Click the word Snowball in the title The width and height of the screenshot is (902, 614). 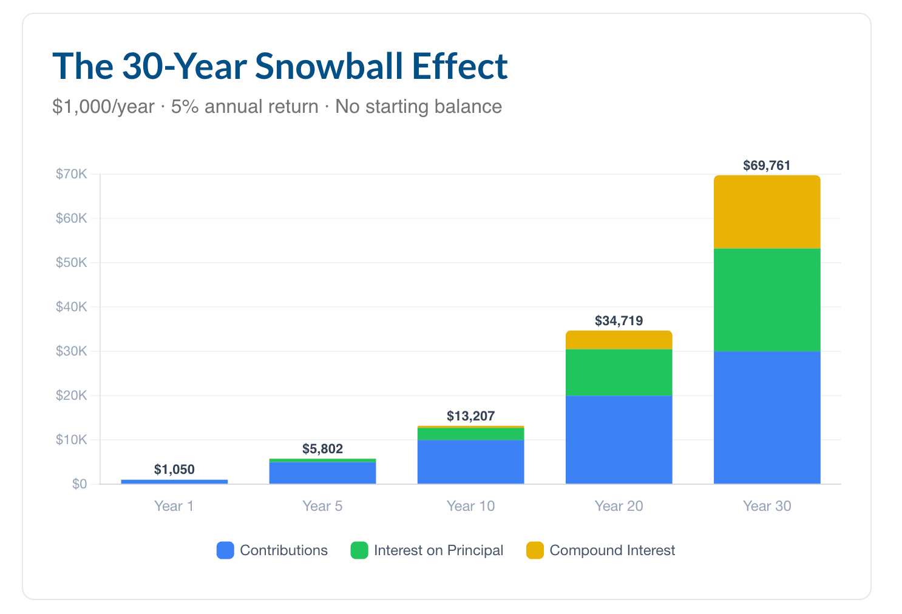(329, 66)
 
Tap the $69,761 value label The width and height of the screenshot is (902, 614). (767, 166)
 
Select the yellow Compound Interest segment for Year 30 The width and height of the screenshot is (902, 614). (767, 212)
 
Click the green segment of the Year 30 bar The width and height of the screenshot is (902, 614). (767, 300)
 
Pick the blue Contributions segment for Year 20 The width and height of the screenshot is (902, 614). (619, 440)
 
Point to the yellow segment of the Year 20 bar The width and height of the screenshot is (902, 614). (619, 340)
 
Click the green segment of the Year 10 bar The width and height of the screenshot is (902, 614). (471, 434)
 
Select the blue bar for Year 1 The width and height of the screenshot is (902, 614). (174, 482)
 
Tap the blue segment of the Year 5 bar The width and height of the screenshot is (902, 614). (322, 473)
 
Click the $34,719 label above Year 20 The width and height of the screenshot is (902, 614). (619, 321)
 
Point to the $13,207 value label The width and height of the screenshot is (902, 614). (471, 416)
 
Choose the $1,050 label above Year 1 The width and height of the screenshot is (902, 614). (174, 470)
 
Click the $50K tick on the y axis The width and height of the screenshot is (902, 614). (71, 263)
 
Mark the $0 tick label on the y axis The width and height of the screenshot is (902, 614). (80, 484)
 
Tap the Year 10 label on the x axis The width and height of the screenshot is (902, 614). (471, 506)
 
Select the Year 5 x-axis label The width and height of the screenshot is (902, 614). (322, 506)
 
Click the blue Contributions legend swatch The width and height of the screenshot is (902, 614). (225, 550)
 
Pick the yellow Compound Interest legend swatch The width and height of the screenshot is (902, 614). (535, 550)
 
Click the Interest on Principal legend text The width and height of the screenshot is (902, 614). (438, 550)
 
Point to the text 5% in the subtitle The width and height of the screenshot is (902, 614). (185, 107)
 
